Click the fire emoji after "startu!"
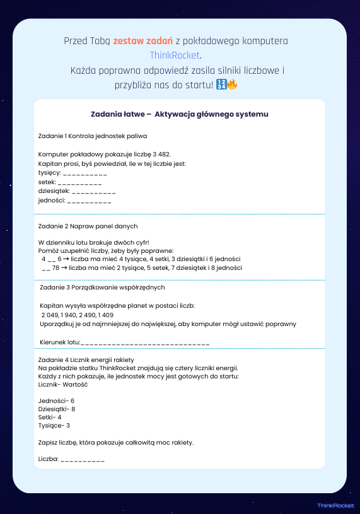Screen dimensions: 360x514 (232, 85)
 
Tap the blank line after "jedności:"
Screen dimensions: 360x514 (89, 201)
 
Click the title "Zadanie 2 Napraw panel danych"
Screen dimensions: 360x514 (88, 226)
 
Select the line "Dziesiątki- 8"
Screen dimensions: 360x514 (57, 409)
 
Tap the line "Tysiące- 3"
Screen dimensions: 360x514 (54, 426)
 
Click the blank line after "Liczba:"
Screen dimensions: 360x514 (83, 460)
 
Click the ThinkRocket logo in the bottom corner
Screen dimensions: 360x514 (335, 505)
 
